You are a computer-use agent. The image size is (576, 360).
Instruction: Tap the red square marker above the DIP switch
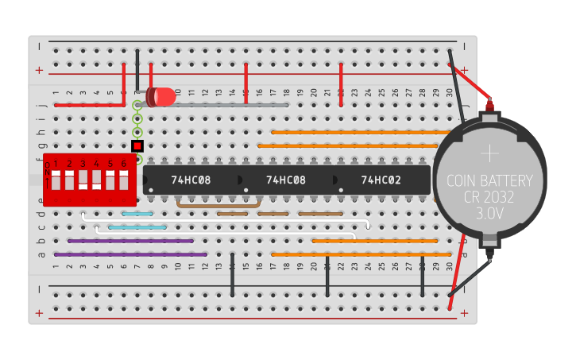(137, 146)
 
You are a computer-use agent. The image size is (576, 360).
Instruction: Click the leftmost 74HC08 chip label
(191, 180)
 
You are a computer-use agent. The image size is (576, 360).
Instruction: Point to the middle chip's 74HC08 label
(285, 180)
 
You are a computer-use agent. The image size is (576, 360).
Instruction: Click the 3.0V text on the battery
(489, 215)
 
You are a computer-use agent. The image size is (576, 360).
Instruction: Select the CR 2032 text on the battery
(489, 197)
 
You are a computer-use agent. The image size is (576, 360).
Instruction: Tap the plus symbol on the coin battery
(490, 153)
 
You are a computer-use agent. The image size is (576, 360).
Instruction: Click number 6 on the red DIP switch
(123, 164)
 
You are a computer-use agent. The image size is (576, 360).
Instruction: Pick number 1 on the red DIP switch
(56, 164)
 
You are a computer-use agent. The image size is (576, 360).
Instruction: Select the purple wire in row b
(130, 240)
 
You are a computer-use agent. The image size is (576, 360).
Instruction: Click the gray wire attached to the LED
(230, 104)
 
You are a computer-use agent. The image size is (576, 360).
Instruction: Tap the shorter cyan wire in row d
(137, 214)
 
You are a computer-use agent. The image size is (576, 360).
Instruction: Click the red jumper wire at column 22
(341, 83)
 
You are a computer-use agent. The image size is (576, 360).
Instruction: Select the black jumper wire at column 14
(232, 274)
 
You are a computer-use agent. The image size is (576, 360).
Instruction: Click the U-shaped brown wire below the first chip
(218, 206)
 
